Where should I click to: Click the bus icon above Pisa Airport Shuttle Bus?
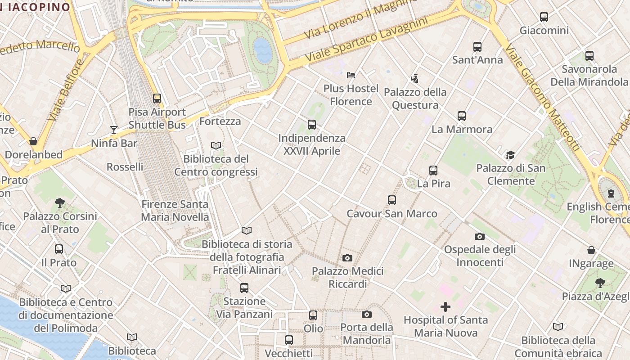[157, 98]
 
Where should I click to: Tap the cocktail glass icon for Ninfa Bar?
[113, 130]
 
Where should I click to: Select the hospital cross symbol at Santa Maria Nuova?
[445, 307]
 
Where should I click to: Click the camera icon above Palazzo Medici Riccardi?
[347, 258]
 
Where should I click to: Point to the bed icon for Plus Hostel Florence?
[351, 75]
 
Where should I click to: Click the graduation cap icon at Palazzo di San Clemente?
[510, 155]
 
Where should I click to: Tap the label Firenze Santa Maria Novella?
[175, 211]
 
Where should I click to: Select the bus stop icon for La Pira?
[433, 171]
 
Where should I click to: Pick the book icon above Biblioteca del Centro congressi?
[216, 146]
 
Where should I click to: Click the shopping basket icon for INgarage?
[591, 250]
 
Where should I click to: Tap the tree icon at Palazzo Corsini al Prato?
[60, 203]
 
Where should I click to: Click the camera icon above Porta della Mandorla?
[367, 314]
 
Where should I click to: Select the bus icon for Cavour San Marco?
[391, 200]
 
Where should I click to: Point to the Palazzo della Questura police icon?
[414, 79]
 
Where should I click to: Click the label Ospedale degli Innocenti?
[480, 256]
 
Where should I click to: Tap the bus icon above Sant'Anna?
[477, 47]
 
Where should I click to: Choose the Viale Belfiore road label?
[64, 90]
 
